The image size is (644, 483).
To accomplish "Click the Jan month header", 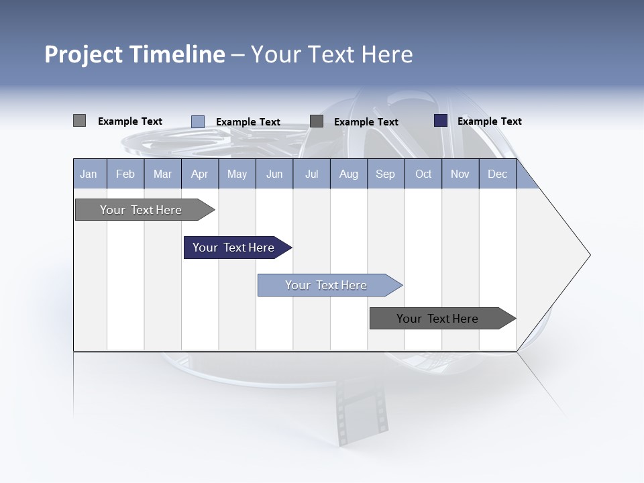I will tap(89, 174).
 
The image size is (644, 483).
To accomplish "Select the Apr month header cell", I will tap(199, 174).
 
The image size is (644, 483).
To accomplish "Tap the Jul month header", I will tap(311, 174).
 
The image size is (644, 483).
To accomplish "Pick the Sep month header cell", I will tap(385, 174).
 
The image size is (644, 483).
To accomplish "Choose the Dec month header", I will tap(497, 174).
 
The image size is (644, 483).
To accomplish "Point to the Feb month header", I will tap(125, 174).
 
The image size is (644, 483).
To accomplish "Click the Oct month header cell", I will tap(423, 174).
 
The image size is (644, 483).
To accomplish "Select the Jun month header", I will tap(274, 174).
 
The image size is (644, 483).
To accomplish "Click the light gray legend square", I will tap(79, 121).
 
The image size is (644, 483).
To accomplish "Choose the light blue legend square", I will tap(198, 121).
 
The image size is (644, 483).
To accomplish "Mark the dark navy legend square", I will tap(441, 121).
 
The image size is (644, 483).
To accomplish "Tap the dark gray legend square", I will tap(317, 121).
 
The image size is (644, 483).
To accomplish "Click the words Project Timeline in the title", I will tap(135, 54).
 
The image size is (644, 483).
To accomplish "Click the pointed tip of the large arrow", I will tap(588, 255).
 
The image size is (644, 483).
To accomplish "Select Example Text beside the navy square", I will tap(489, 121).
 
